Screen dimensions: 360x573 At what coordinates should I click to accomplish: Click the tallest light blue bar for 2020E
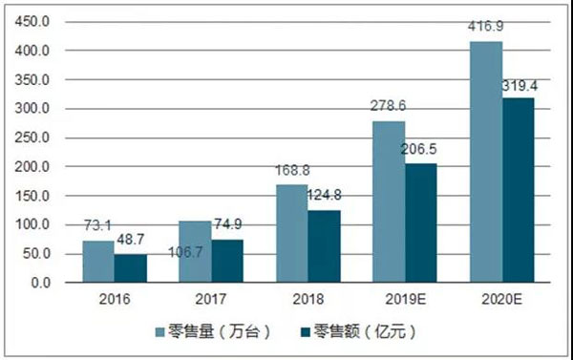(x=485, y=162)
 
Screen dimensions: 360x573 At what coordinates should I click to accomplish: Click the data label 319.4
(x=521, y=87)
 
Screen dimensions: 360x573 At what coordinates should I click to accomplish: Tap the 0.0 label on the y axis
(x=39, y=283)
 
